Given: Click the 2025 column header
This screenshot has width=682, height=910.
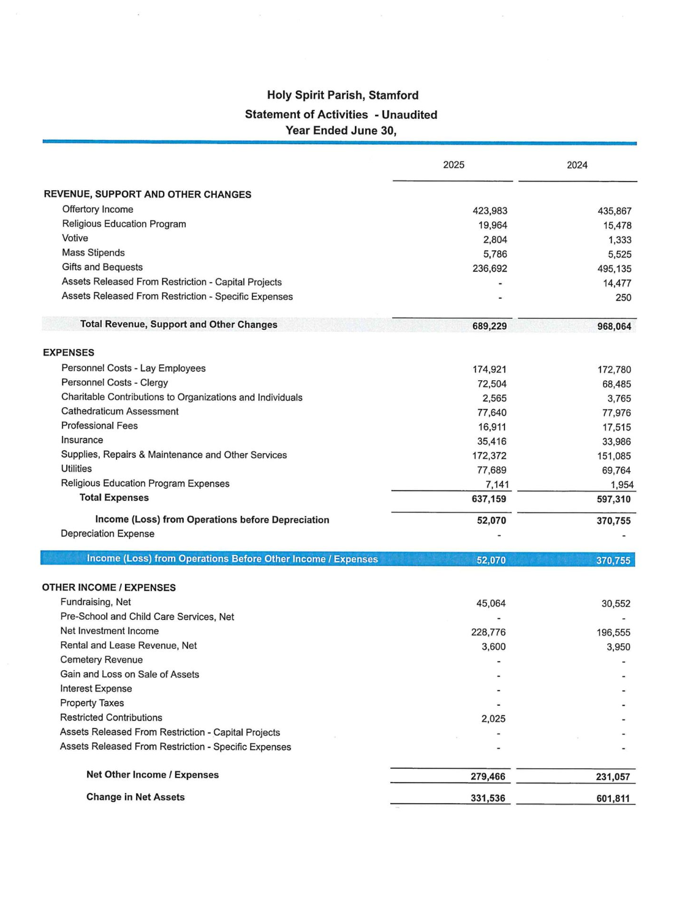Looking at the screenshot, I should point(453,165).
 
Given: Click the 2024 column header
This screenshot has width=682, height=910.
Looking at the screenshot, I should point(577,165).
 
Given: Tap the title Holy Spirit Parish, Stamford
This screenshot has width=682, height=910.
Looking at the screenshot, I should point(343,95).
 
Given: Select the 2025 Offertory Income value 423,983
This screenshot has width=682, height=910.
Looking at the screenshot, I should point(490,211).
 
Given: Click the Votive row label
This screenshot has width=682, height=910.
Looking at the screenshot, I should point(75,238).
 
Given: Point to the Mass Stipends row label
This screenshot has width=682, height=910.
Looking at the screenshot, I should point(93,253).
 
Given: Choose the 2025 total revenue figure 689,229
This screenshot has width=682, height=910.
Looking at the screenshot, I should point(489,326).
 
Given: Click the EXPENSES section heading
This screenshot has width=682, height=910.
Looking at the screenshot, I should point(69,353).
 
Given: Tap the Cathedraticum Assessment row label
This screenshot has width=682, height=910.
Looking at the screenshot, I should point(119,411).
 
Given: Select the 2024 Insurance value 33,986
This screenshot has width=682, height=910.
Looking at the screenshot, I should point(616,442).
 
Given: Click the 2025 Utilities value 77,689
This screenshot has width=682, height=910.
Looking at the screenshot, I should point(491,470).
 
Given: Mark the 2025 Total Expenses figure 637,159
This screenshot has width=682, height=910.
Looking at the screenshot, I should point(488,499).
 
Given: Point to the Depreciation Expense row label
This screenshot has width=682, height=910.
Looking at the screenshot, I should point(107,533).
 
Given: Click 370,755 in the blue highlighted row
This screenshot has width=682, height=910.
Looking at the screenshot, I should point(613,560).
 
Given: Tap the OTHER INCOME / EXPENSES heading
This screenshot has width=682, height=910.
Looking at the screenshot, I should point(108,587).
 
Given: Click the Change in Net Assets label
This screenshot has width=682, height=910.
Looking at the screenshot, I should point(135,797).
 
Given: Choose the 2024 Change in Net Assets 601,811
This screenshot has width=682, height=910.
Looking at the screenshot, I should point(613,798).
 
